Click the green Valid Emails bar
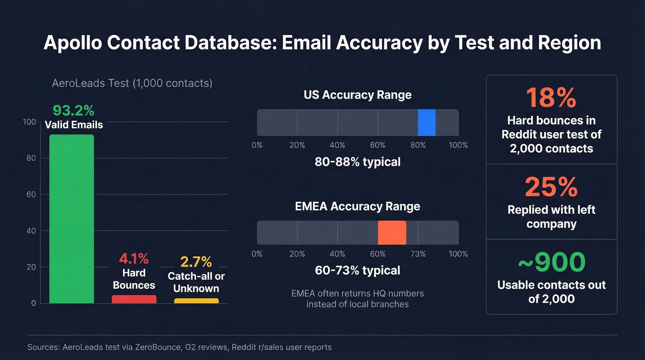(x=71, y=219)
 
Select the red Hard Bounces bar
(x=134, y=299)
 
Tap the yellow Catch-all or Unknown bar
(x=196, y=301)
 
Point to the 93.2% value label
(x=73, y=111)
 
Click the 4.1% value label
(x=134, y=259)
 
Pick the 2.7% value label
(x=196, y=262)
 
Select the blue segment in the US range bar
(x=427, y=123)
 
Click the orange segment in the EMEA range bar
(x=392, y=233)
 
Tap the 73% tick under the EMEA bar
(x=418, y=254)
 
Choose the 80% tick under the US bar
(x=418, y=145)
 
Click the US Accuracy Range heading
(x=358, y=95)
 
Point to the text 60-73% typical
(x=358, y=270)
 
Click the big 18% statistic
(x=551, y=98)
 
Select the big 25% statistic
(x=551, y=187)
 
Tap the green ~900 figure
(x=551, y=262)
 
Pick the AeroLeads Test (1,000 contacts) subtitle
(x=132, y=83)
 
